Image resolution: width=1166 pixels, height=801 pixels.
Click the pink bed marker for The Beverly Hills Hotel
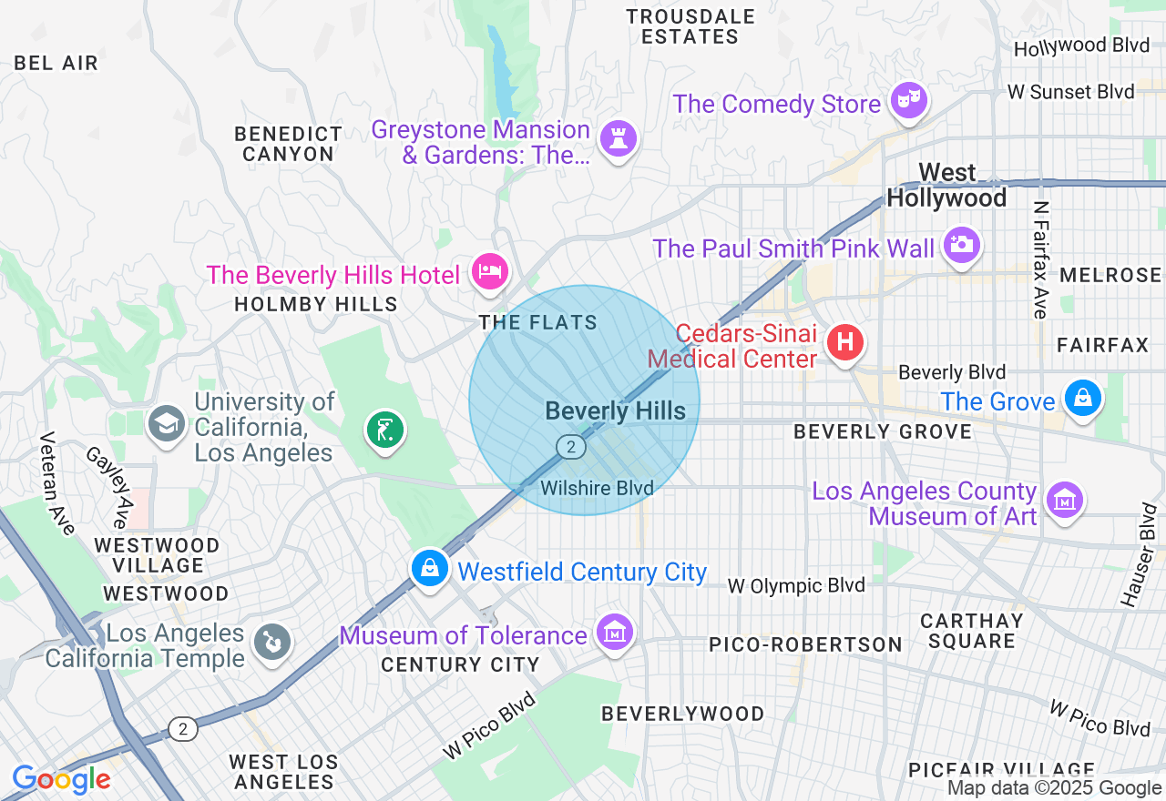click(x=490, y=271)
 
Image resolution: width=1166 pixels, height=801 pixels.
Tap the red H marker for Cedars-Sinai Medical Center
click(x=844, y=343)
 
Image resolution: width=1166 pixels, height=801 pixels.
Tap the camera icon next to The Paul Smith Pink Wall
click(x=961, y=245)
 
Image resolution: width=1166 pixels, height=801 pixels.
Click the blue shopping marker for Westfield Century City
click(x=429, y=568)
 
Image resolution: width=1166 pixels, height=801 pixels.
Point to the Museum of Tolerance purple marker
click(x=614, y=632)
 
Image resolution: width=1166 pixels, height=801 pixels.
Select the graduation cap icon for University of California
click(x=167, y=423)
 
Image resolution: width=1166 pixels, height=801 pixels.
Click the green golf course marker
click(x=384, y=429)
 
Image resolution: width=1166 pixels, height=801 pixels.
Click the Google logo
click(x=62, y=780)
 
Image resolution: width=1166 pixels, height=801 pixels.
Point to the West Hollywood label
click(x=947, y=185)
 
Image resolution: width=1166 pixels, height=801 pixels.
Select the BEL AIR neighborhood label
click(x=56, y=63)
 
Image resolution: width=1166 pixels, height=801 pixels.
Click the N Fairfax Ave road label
click(x=1041, y=259)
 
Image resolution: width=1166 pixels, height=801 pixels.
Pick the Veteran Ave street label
click(x=57, y=483)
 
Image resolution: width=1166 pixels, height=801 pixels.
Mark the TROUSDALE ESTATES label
click(x=690, y=26)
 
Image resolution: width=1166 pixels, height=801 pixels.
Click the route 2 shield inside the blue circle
click(x=570, y=446)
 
